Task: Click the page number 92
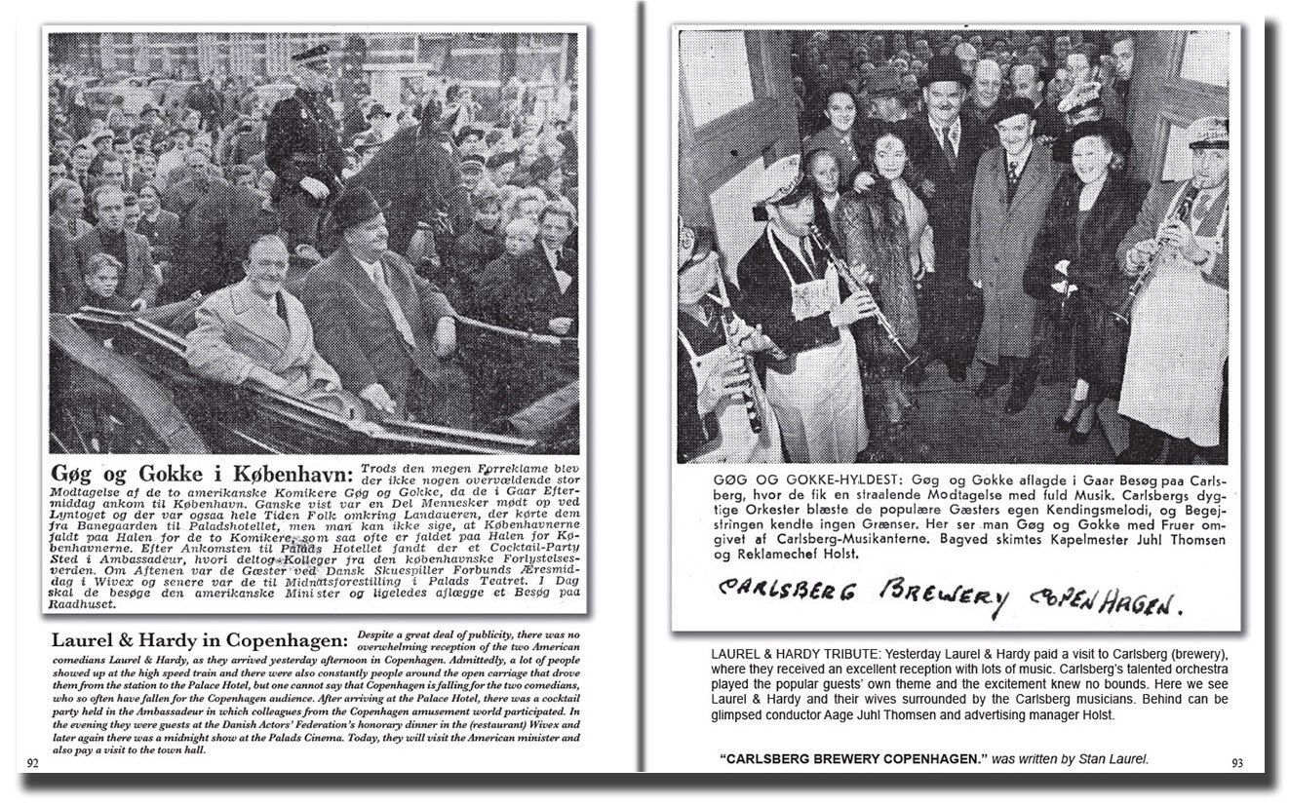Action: tap(32, 763)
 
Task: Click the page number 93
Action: tap(1237, 763)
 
